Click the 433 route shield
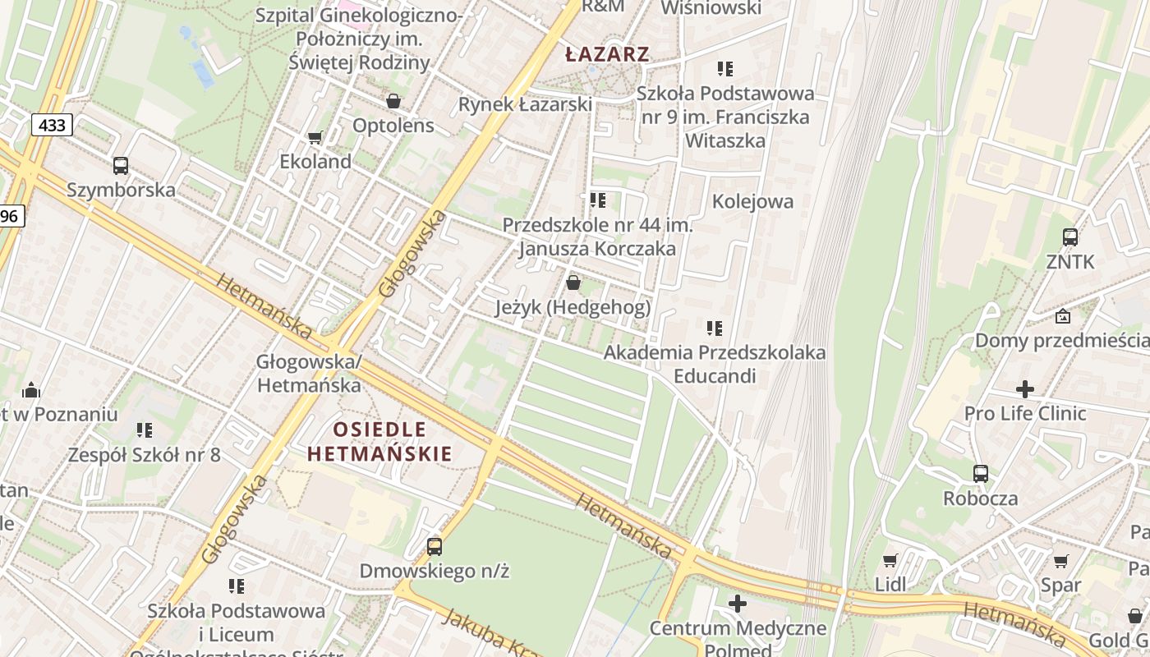point(53,125)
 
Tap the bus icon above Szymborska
point(121,166)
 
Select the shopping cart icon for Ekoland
point(315,137)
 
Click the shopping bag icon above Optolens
point(393,101)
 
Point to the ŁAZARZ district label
point(608,55)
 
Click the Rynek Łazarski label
point(525,104)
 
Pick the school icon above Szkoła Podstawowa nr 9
point(724,69)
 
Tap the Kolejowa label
point(752,201)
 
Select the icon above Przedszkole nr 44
point(597,200)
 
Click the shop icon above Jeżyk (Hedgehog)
point(573,283)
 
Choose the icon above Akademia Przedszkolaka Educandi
point(715,328)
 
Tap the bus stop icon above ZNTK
point(1069,237)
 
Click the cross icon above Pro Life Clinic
point(1025,389)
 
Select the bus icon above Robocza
point(980,474)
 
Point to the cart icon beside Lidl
point(890,561)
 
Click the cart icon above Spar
point(1060,562)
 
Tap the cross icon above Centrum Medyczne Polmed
point(738,604)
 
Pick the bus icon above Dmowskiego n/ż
point(434,546)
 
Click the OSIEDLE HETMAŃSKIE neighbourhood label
point(379,441)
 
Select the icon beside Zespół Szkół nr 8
point(145,430)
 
